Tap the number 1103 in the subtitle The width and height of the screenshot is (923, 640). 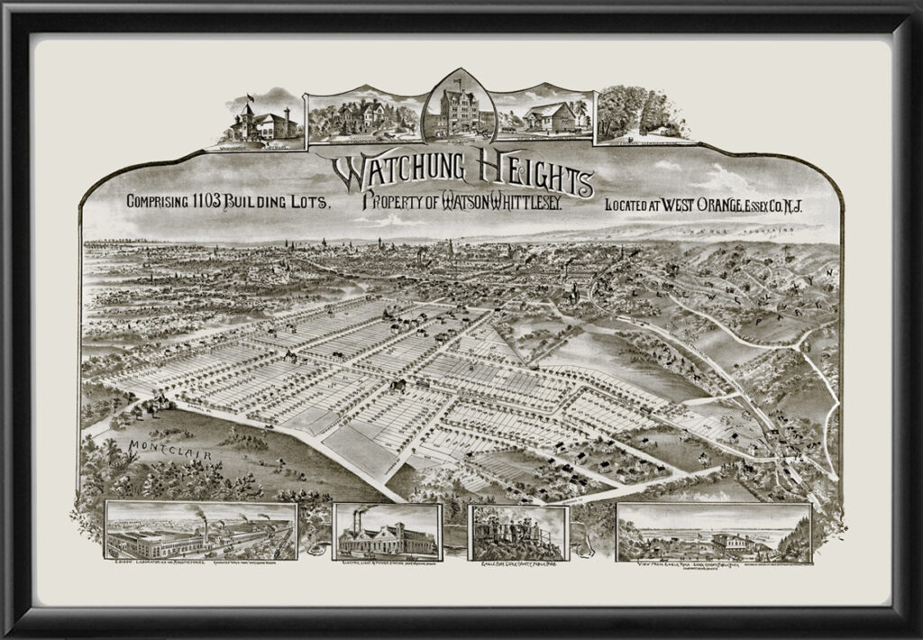[211, 203]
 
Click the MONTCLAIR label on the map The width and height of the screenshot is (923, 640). [170, 450]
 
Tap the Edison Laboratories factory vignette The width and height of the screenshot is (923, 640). [201, 531]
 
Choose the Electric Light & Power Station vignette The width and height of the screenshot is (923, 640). [387, 533]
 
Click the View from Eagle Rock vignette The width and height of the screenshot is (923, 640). [713, 533]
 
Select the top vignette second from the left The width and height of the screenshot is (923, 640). [363, 115]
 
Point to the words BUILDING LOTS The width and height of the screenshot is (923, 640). [279, 203]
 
